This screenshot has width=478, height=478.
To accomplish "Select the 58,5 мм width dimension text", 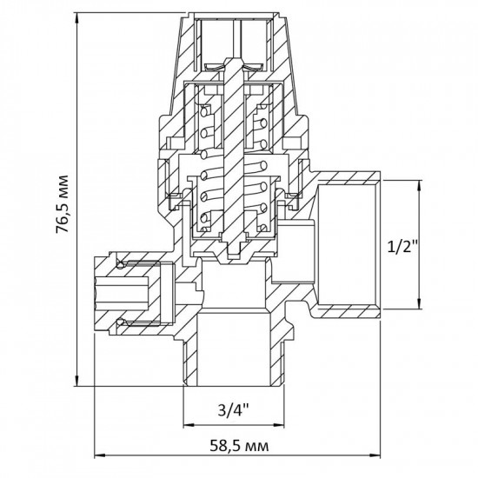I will tap(237, 447).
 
